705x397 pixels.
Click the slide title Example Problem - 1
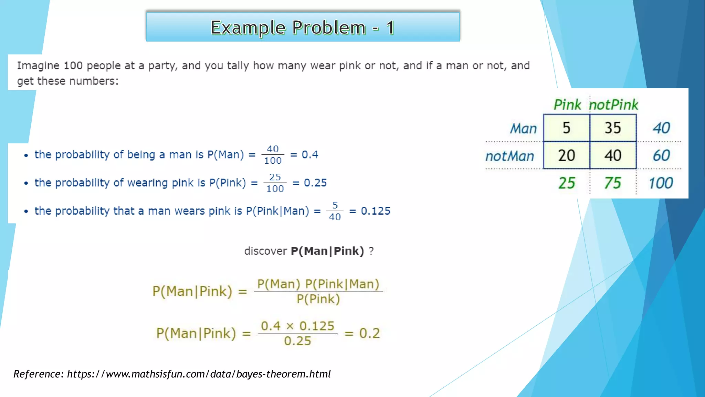[x=303, y=27]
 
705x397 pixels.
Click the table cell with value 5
[x=567, y=128]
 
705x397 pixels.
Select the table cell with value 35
[x=613, y=128]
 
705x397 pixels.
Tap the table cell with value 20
[x=567, y=155]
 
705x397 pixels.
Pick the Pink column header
[x=567, y=105]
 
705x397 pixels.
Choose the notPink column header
[x=614, y=105]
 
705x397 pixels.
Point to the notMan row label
[x=510, y=156]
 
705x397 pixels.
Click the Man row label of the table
[x=523, y=129]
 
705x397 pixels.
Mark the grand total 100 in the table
[x=661, y=183]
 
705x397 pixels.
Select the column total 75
[x=613, y=183]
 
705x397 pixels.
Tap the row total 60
[x=661, y=155]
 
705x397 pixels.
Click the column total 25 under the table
[x=567, y=183]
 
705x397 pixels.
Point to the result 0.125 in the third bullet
[x=376, y=211]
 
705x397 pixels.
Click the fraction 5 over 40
[x=335, y=211]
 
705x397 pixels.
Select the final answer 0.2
[x=370, y=333]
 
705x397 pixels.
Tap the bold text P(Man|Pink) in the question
[x=327, y=251]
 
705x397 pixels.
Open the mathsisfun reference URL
[x=199, y=374]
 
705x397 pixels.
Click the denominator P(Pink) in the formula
[x=318, y=299]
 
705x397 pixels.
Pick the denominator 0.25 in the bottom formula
[x=297, y=341]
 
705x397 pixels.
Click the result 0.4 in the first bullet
[x=310, y=155]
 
